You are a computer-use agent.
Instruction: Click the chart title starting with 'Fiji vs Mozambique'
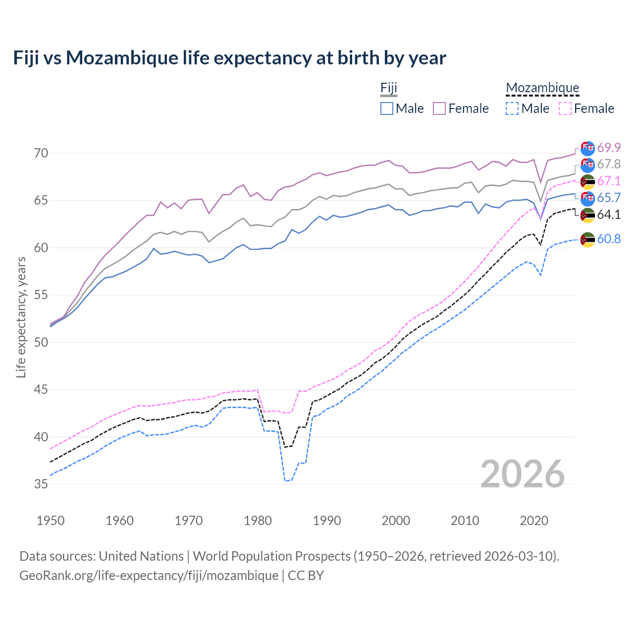[x=229, y=58]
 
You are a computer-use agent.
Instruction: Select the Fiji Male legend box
[x=387, y=108]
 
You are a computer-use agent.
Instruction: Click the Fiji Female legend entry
[x=461, y=108]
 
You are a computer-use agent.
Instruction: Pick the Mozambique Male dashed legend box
[x=512, y=108]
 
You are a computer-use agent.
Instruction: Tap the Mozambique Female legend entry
[x=586, y=108]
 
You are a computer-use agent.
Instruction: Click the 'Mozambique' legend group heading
[x=542, y=88]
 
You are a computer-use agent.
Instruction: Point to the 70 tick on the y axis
[x=41, y=153]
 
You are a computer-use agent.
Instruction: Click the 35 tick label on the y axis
[x=41, y=484]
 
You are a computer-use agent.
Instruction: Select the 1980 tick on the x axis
[x=258, y=521]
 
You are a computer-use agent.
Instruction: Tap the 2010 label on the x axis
[x=465, y=521]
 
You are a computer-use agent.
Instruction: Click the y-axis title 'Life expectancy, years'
[x=21, y=317]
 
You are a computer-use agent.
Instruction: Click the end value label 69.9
[x=609, y=148]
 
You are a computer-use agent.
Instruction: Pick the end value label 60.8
[x=609, y=239]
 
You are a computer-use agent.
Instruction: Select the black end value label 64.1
[x=609, y=214]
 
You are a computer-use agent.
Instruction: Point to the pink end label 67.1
[x=609, y=181]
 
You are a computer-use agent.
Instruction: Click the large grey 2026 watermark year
[x=522, y=474]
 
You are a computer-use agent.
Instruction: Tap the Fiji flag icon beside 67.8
[x=587, y=164]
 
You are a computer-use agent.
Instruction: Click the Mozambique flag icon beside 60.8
[x=587, y=239]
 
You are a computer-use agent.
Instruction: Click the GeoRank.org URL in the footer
[x=149, y=576]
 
